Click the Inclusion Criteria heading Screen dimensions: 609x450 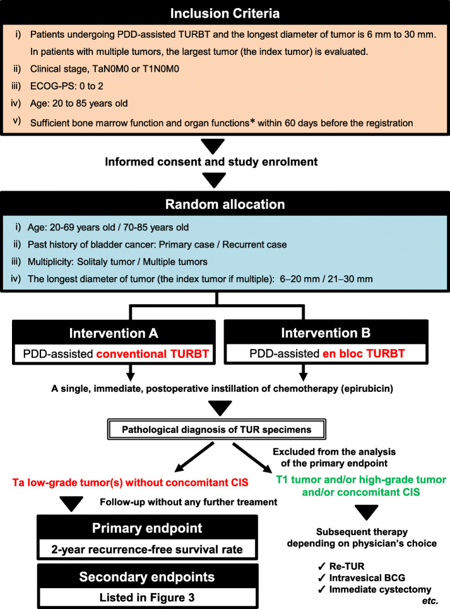pyautogui.click(x=225, y=13)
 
